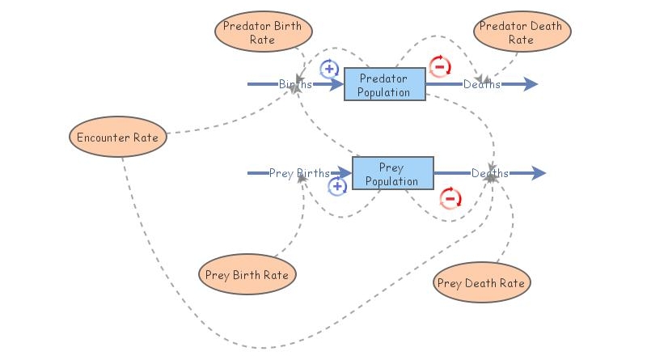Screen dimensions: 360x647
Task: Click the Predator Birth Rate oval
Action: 263,32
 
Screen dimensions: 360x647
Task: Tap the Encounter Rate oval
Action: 117,137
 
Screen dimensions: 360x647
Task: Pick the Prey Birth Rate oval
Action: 247,274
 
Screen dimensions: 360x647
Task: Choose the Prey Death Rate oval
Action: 481,282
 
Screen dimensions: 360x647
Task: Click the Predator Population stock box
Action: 385,84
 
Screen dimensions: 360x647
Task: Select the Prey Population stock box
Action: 392,173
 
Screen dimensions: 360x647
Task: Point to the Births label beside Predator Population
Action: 295,84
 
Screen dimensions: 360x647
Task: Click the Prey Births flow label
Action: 299,173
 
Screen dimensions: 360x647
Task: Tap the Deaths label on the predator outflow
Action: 481,84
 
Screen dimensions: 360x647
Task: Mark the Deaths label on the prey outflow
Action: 490,173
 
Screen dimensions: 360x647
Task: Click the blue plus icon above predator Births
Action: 329,68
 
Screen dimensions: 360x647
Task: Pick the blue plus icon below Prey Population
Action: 338,187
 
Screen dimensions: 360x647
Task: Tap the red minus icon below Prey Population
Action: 450,197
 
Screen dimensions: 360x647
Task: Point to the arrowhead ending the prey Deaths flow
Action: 539,173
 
